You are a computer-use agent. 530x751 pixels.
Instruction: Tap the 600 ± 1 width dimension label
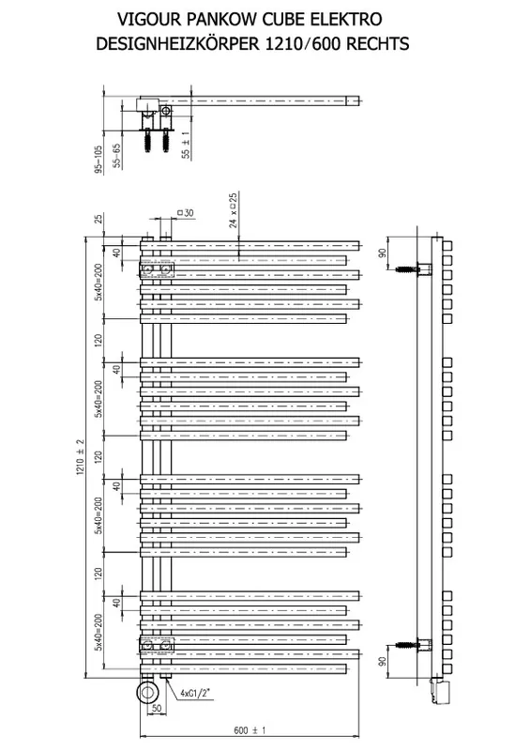[x=250, y=730]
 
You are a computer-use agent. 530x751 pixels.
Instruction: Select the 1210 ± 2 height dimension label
[x=80, y=457]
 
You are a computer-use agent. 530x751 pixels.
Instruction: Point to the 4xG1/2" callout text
[x=196, y=693]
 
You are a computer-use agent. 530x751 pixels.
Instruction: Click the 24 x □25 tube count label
[x=233, y=209]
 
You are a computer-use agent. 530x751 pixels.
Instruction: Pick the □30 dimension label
[x=186, y=213]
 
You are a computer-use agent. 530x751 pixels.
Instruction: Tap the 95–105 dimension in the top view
[x=99, y=159]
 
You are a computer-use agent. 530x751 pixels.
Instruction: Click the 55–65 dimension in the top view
[x=117, y=155]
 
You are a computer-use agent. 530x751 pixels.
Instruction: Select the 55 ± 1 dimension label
[x=186, y=146]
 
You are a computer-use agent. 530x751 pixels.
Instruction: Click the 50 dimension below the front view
[x=156, y=709]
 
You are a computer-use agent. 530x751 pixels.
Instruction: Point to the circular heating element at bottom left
[x=148, y=692]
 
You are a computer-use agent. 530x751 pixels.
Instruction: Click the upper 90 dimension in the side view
[x=382, y=253]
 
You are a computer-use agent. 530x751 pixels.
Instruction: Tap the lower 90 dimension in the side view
[x=382, y=662]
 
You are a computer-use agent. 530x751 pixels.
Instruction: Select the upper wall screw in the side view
[x=407, y=269]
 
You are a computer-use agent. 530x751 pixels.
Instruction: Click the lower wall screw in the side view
[x=407, y=645]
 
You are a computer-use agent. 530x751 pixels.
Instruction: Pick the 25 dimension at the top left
[x=98, y=219]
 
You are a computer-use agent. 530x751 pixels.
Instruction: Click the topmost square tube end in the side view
[x=447, y=246]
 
